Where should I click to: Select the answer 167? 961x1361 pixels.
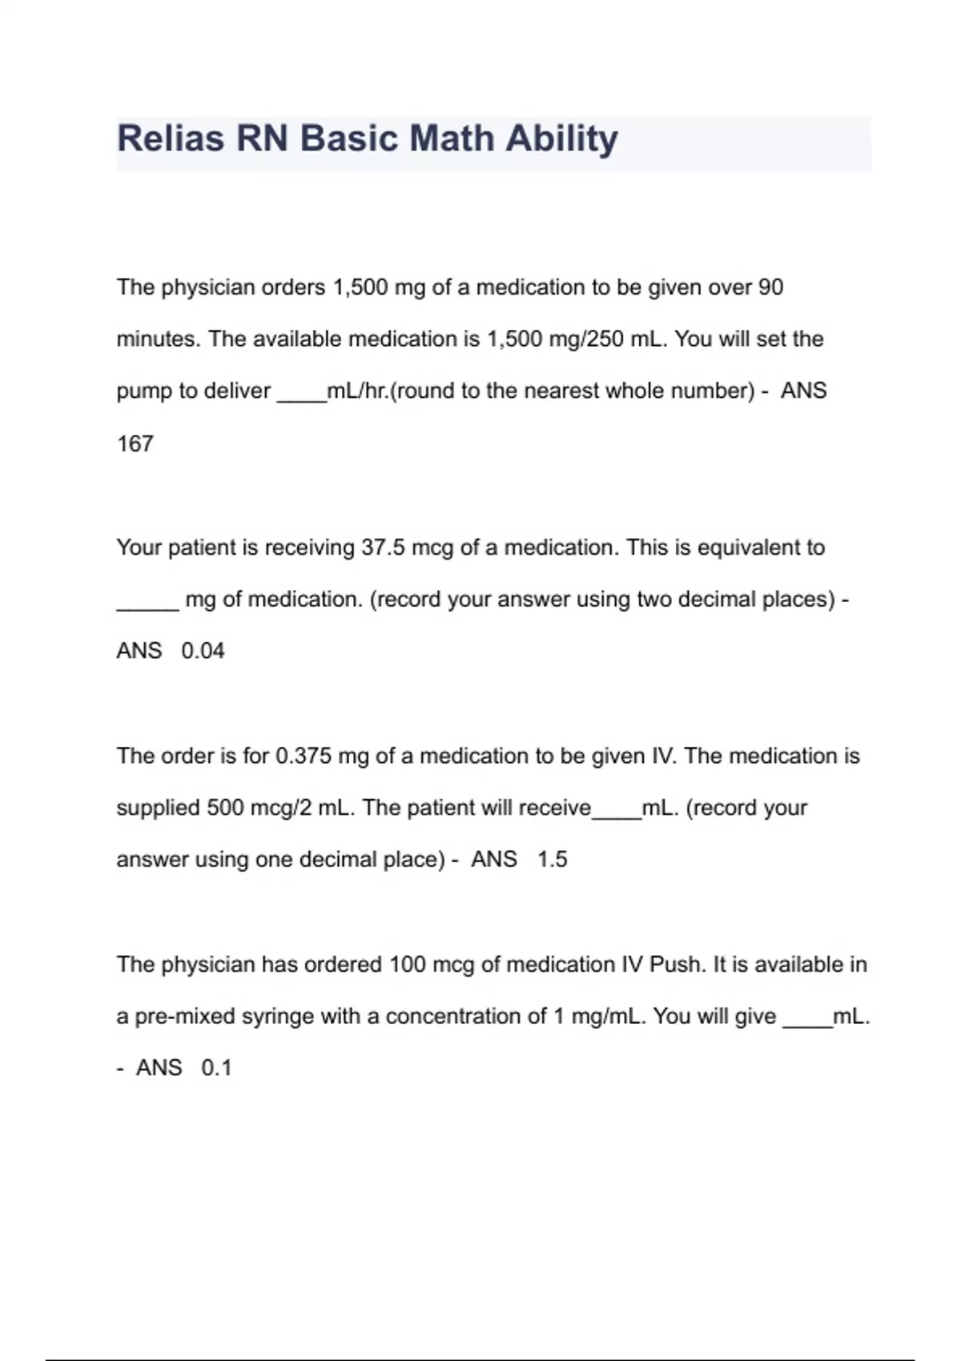tap(135, 444)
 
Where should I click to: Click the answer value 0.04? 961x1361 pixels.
tap(203, 651)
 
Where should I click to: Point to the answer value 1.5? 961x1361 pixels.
tap(552, 859)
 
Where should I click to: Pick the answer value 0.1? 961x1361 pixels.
tap(216, 1068)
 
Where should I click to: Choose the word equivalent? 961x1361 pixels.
tap(750, 548)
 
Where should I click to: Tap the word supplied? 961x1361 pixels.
tap(158, 808)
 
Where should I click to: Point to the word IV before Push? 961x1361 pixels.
tap(632, 964)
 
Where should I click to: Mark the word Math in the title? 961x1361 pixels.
tap(452, 139)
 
